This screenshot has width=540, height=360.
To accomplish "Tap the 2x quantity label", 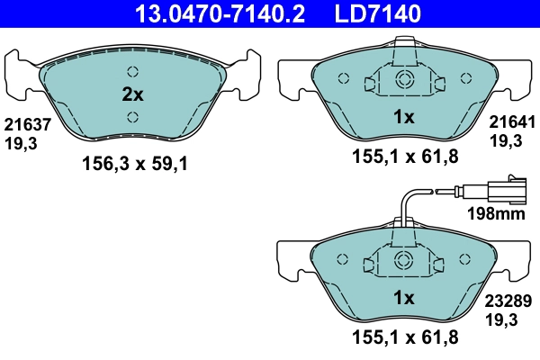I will click(x=132, y=94).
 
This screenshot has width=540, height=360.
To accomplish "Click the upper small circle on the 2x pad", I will click(x=132, y=72).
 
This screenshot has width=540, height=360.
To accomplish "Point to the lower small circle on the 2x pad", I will click(x=132, y=115).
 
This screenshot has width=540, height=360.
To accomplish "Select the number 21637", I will click(x=22, y=126).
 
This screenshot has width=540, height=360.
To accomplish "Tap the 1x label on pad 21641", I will click(x=403, y=116).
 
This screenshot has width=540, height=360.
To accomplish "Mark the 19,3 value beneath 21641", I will click(x=504, y=140).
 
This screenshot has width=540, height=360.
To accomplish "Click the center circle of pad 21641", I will click(x=404, y=80).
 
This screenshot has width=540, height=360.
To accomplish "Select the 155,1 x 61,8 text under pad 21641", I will click(x=404, y=157).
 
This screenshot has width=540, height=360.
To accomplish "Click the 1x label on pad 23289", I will click(x=403, y=298).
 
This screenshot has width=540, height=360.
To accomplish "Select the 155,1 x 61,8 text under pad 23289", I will click(x=404, y=337).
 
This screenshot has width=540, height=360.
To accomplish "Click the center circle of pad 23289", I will click(x=404, y=262).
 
